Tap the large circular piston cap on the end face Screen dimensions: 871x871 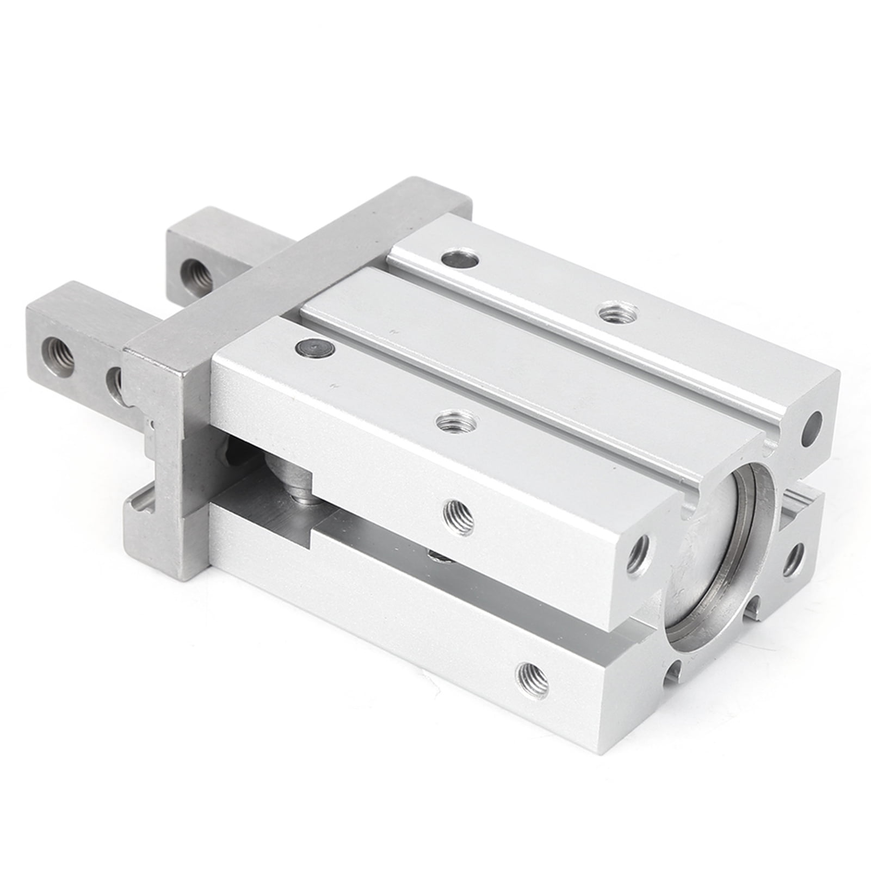click(x=718, y=555)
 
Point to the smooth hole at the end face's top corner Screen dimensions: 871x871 click(x=812, y=423)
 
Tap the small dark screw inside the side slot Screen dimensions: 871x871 click(x=438, y=555)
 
